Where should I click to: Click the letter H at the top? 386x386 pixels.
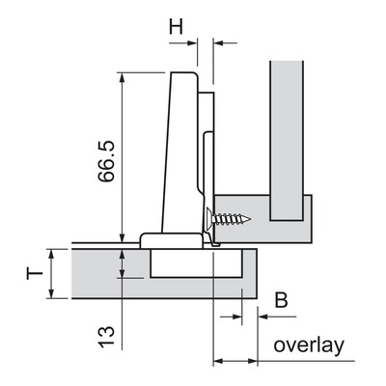pyautogui.click(x=176, y=26)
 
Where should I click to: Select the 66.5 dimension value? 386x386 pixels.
pyautogui.click(x=106, y=161)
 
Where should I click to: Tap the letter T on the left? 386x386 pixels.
pyautogui.click(x=35, y=274)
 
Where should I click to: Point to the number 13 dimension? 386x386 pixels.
pyautogui.click(x=106, y=337)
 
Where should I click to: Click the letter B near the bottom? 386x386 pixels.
pyautogui.click(x=281, y=300)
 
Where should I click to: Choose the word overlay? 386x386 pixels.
pyautogui.click(x=309, y=345)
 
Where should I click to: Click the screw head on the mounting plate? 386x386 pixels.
pyautogui.click(x=208, y=220)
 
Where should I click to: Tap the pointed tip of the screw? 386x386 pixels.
pyautogui.click(x=250, y=220)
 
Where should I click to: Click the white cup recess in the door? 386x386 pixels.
pyautogui.click(x=196, y=262)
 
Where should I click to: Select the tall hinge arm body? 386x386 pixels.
pyautogui.click(x=179, y=152)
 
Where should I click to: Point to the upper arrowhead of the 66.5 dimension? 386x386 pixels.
pyautogui.click(x=122, y=78)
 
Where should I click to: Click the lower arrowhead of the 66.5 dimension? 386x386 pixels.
pyautogui.click(x=122, y=237)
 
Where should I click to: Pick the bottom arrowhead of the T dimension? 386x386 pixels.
pyautogui.click(x=51, y=292)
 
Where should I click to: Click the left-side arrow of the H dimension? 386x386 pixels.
pyautogui.click(x=182, y=42)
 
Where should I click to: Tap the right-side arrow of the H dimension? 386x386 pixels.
pyautogui.click(x=225, y=42)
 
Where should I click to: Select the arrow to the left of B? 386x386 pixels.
pyautogui.click(x=231, y=317)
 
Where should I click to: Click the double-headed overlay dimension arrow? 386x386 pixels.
pyautogui.click(x=235, y=361)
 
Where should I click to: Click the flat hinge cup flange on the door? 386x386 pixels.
pyautogui.click(x=172, y=240)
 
